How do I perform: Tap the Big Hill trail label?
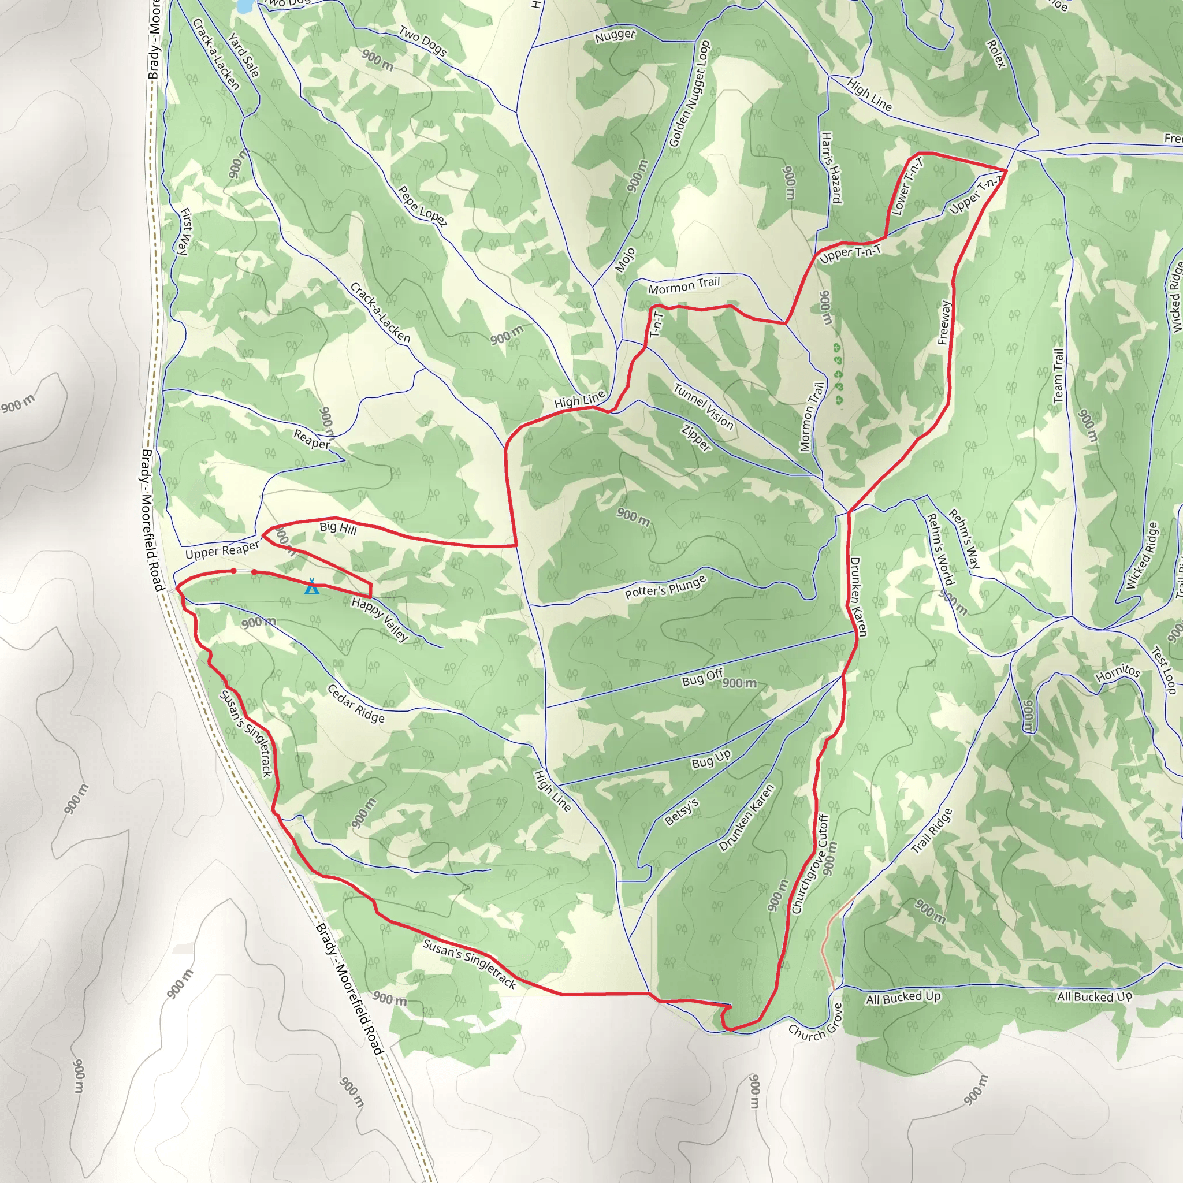[338, 527]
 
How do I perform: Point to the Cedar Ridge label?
[356, 704]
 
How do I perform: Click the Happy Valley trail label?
[380, 620]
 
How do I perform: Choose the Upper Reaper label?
[222, 550]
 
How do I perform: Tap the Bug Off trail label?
[702, 677]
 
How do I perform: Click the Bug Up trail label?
[711, 759]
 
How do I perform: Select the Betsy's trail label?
[682, 812]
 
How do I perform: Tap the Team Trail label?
[1058, 375]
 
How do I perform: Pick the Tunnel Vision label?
[703, 406]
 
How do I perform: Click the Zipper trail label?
[696, 438]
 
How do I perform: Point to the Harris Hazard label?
[831, 167]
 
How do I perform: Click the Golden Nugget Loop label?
[689, 94]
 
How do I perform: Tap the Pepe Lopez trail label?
[422, 206]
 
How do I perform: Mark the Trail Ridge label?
[931, 831]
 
